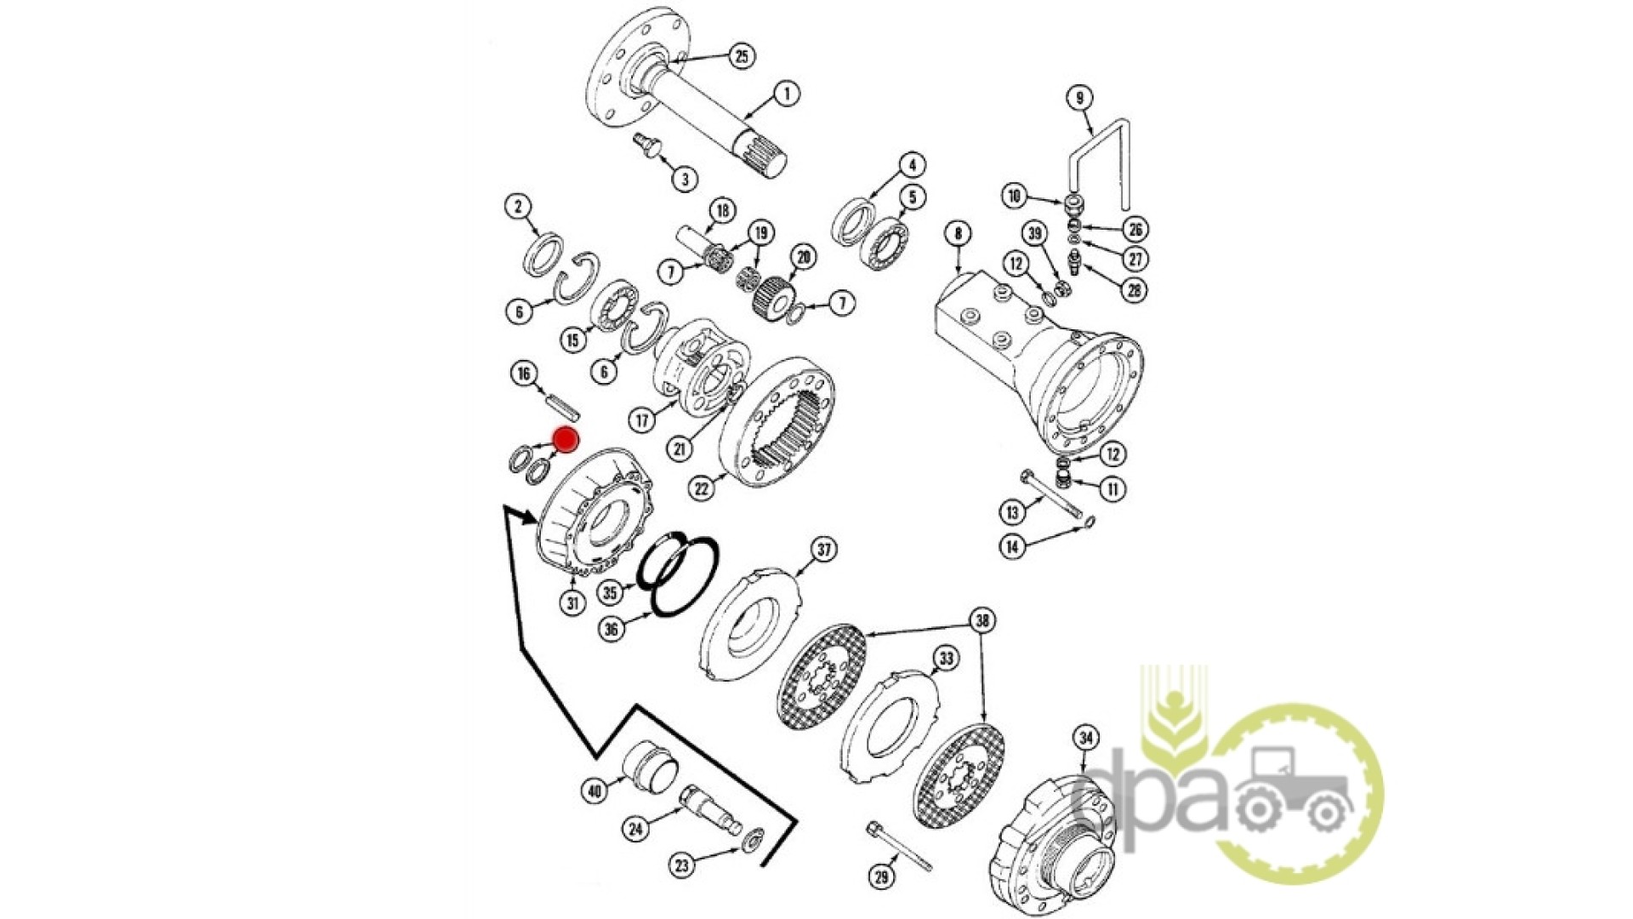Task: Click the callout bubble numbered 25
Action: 742,56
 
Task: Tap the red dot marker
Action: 566,440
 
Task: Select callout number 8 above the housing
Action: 959,232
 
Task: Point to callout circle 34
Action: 1086,738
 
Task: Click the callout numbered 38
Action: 983,620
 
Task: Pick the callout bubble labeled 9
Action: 1079,98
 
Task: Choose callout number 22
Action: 702,488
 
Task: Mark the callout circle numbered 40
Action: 595,791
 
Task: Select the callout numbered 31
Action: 572,603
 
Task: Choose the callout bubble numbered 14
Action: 1011,547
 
